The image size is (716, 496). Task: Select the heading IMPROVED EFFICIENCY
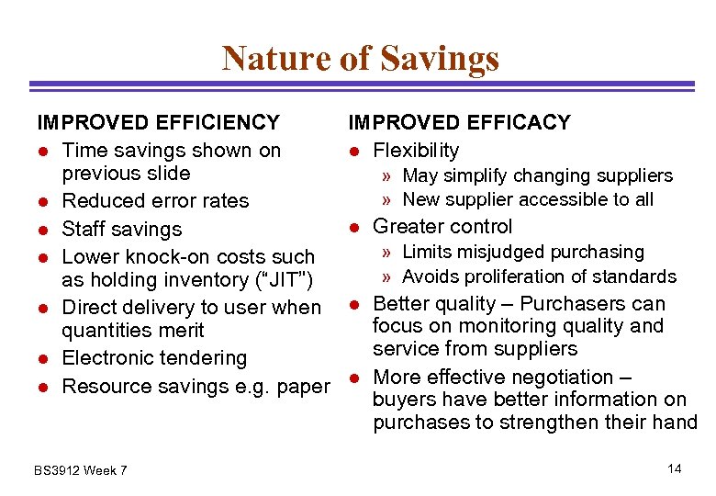[158, 122]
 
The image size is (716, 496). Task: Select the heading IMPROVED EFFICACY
[459, 122]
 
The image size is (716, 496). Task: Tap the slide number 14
[675, 469]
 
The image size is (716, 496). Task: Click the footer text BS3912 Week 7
[81, 471]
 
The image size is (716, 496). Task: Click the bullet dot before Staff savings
[41, 230]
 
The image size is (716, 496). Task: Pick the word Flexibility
[417, 150]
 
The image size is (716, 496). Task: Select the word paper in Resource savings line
[303, 387]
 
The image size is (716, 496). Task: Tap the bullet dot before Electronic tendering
[41, 359]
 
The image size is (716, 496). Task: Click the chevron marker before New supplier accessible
[389, 200]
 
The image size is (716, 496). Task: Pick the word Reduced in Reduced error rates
[98, 201]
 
